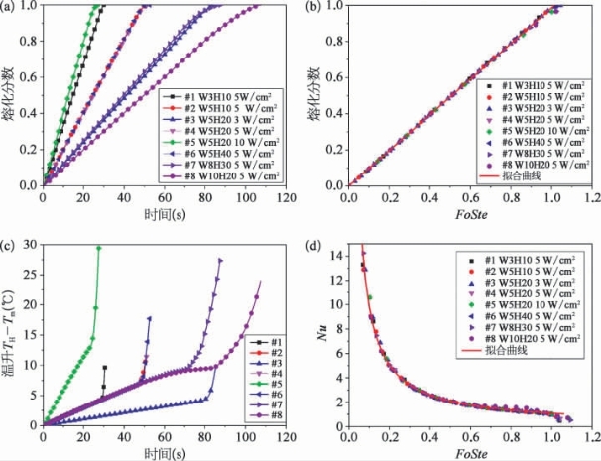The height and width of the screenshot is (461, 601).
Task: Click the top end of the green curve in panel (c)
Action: point(98,248)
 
